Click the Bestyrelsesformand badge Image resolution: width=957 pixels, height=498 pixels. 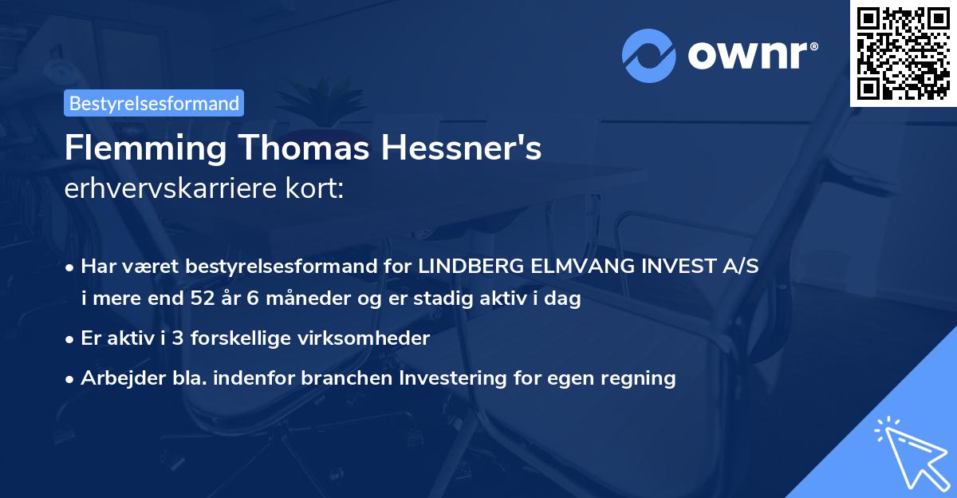click(154, 103)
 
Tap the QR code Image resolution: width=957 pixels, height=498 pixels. click(903, 53)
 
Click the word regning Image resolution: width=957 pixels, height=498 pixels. click(640, 378)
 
